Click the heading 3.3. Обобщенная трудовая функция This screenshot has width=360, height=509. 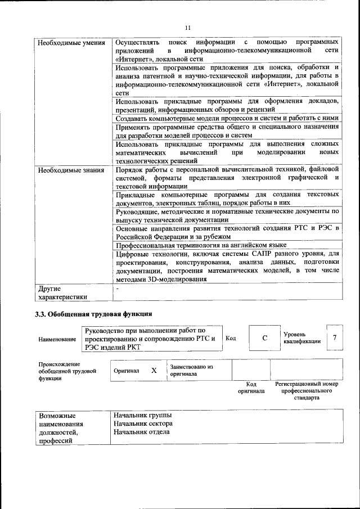[93, 314]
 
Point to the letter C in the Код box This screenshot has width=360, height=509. [264, 339]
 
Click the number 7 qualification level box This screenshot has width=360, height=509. [335, 337]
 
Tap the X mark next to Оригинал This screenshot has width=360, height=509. [154, 371]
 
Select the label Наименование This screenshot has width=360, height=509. [57, 340]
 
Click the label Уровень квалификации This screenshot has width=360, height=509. [302, 338]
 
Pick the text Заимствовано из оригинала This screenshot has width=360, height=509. [191, 370]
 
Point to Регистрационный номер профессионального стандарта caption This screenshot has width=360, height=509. [307, 390]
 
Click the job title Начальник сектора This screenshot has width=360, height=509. [143, 424]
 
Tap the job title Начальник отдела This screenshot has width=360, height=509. [141, 433]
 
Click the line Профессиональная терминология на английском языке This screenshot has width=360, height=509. [201, 245]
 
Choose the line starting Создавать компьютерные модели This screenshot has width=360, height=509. [227, 119]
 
